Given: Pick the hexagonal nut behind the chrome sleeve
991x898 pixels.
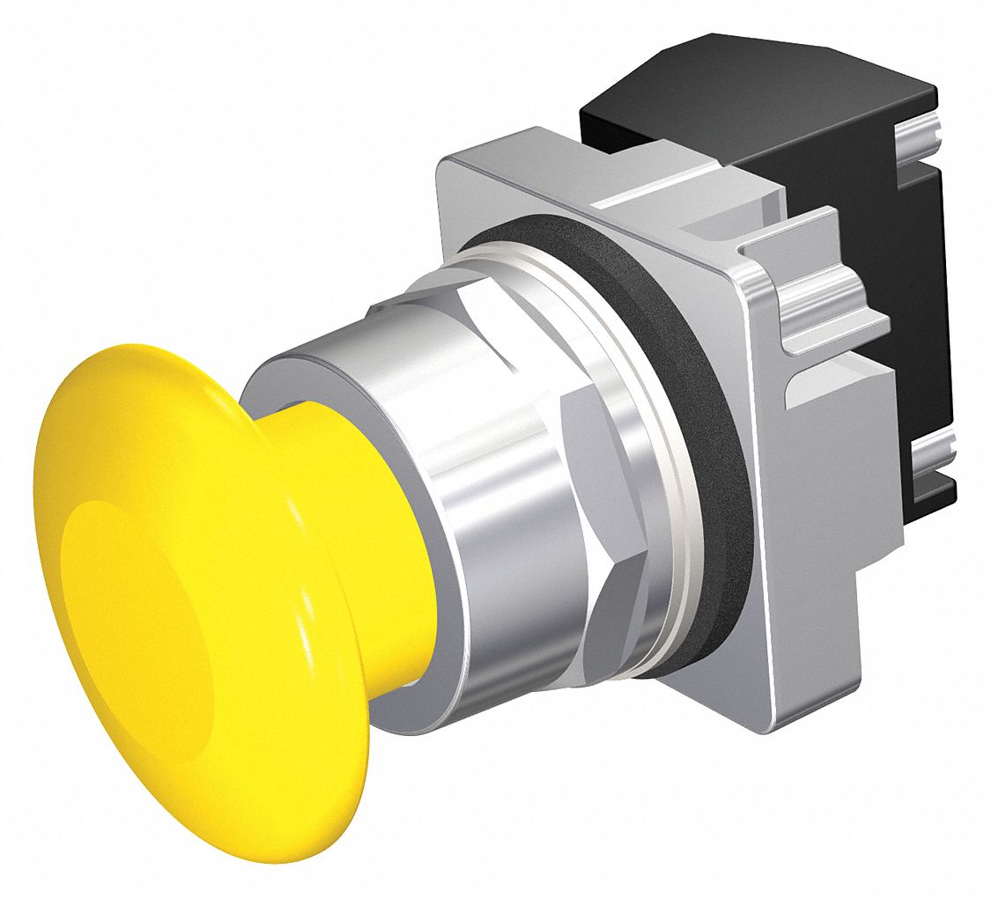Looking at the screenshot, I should (x=608, y=493).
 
